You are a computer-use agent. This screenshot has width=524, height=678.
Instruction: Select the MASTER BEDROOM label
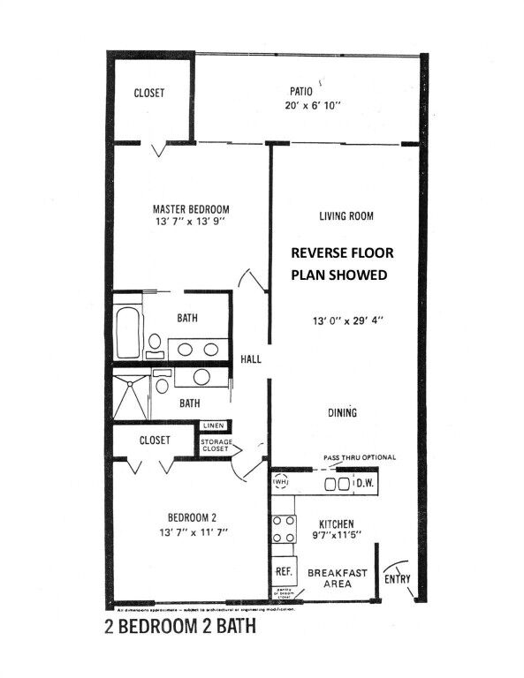190,209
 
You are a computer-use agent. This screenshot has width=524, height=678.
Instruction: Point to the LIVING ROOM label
346,215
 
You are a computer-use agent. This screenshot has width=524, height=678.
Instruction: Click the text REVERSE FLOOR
343,252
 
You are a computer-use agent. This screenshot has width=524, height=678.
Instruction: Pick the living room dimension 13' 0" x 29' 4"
345,320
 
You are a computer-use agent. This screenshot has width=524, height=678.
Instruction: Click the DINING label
342,413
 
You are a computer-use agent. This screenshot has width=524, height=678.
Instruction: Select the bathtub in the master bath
126,328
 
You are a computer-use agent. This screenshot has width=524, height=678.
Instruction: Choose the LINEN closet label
216,426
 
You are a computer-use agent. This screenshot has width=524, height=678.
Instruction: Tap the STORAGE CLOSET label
216,445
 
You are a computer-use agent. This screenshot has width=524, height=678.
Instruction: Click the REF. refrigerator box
284,572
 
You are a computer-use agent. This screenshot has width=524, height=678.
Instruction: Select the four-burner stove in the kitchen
284,530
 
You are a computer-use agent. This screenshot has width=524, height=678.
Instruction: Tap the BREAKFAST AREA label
337,578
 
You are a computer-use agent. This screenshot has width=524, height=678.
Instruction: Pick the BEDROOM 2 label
192,517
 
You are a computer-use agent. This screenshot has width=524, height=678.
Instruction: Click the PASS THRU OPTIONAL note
359,457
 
